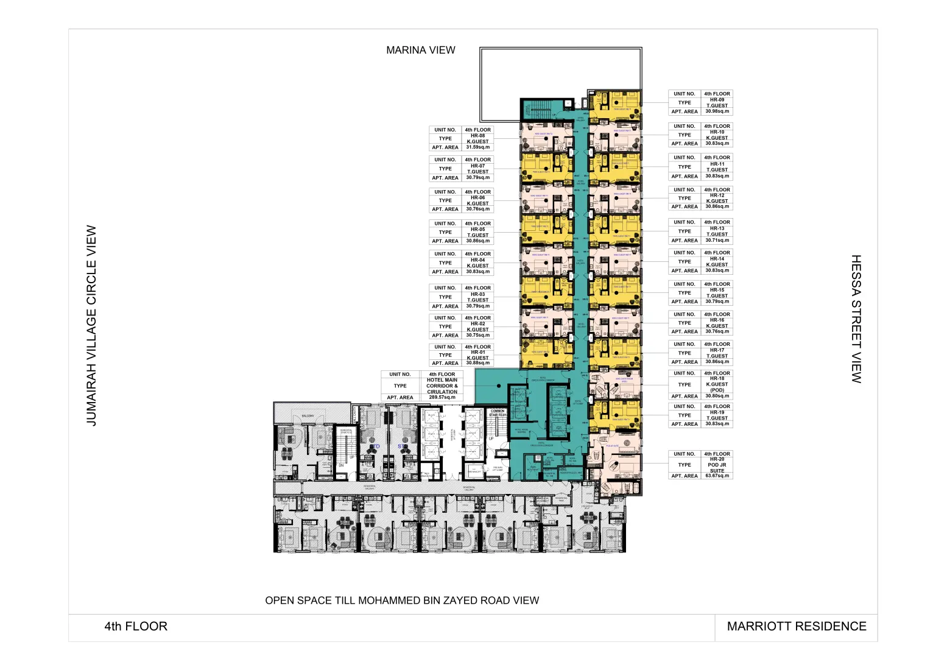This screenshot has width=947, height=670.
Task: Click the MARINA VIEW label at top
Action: [420, 50]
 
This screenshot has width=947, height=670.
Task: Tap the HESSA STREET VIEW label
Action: [856, 319]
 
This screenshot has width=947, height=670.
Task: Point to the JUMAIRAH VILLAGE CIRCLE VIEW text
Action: [91, 325]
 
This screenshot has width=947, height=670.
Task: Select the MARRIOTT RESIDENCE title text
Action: [796, 626]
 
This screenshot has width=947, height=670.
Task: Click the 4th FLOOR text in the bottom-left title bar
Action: [136, 626]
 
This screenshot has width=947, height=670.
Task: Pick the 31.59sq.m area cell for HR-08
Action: [478, 147]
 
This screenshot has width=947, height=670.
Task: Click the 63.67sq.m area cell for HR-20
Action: [717, 476]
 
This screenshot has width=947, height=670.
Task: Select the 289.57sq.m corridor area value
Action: [442, 397]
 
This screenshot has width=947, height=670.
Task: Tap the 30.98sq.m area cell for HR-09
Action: [717, 111]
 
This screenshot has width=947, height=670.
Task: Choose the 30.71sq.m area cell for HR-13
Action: [717, 240]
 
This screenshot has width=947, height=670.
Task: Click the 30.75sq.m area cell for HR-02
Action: [478, 335]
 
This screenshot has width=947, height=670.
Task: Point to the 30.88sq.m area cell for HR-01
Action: [478, 363]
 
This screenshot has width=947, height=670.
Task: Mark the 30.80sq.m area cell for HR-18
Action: [717, 396]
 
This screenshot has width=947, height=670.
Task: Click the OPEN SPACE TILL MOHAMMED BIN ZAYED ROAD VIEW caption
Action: [402, 601]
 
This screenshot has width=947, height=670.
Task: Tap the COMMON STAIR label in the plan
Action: [498, 413]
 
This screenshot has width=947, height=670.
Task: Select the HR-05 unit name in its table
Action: [478, 230]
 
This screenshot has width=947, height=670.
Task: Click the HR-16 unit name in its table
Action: [717, 320]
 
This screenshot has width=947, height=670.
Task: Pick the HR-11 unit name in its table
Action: [717, 164]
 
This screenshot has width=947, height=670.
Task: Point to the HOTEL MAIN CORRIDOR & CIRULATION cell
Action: [442, 386]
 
